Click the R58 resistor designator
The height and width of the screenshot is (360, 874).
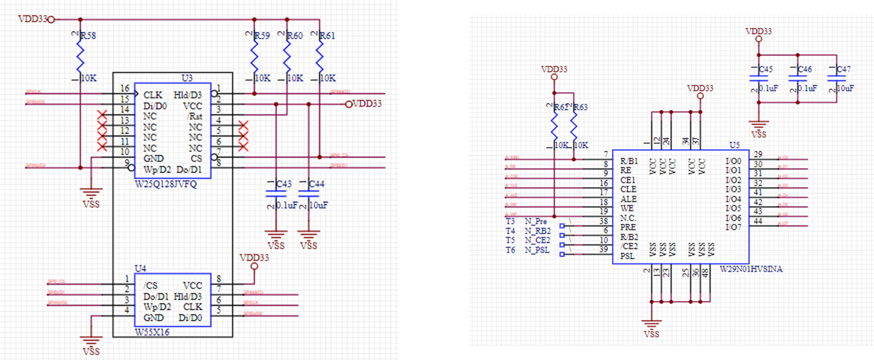coord(88,36)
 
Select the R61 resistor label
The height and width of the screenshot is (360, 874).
coord(327,36)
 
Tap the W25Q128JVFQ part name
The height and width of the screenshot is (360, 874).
coord(166,184)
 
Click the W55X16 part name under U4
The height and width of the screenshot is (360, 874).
coord(152,332)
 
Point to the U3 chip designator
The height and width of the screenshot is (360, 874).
coord(187,78)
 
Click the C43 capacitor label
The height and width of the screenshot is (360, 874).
coord(284,184)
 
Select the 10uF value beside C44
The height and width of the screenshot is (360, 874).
coord(318,205)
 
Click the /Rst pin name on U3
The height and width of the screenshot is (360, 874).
coord(195,117)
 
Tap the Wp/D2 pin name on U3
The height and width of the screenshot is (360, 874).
coord(157,170)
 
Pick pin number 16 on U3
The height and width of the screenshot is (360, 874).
coord(125,89)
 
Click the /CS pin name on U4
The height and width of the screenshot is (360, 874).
coord(150,285)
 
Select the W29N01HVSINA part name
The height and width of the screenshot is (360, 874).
coord(751,269)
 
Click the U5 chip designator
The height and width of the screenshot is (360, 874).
coord(734,145)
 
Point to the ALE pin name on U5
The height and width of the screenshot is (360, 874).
coord(628,199)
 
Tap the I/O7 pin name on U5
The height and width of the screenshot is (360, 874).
coord(733,227)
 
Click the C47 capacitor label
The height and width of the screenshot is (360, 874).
coord(844,69)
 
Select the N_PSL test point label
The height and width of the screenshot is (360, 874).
coord(537,250)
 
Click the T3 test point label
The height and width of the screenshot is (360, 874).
coord(510,221)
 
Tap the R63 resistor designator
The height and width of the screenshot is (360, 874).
coord(580,107)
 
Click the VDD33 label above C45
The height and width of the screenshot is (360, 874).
coord(758,31)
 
